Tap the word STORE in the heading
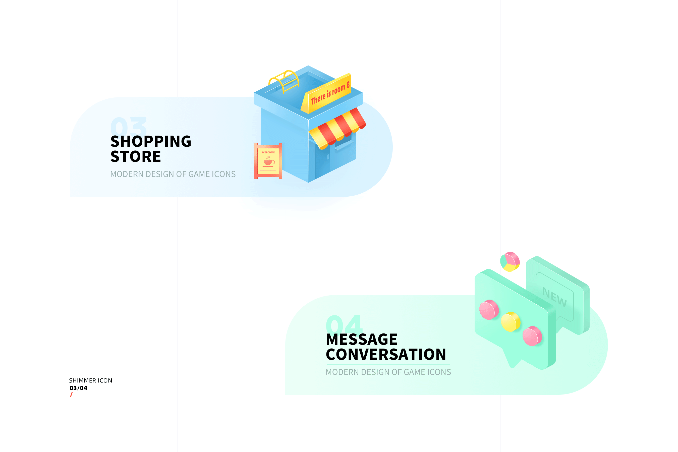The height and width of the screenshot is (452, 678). [x=136, y=156]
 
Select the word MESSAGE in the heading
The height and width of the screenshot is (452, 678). [x=362, y=339]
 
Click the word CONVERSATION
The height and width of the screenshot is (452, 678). [x=386, y=354]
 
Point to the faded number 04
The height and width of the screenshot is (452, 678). [x=344, y=323]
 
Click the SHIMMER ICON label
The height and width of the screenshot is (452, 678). [x=90, y=380]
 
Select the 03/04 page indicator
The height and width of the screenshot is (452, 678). [x=78, y=388]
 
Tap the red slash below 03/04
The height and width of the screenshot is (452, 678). [x=71, y=394]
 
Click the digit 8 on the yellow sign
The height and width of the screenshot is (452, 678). [x=348, y=85]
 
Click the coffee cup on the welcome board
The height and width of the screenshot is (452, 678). [x=268, y=162]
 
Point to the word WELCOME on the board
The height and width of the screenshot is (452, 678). [x=268, y=152]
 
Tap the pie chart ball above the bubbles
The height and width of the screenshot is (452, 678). [x=510, y=262]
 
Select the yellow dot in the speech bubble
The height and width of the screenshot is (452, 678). [x=511, y=322]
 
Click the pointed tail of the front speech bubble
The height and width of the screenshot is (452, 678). [x=512, y=366]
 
